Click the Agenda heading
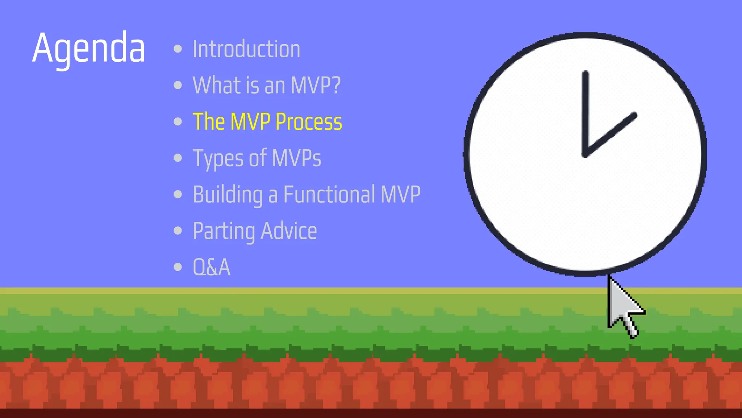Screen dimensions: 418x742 pos(88,48)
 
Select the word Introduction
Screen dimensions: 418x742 pos(246,49)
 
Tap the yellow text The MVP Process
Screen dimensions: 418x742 pos(267,122)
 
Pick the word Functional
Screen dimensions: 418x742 pos(329,194)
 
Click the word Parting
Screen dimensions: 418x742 pos(224,231)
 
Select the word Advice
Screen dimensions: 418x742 pos(288,231)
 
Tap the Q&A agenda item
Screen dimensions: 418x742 pos(211,267)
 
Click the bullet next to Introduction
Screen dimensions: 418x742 pos(178,49)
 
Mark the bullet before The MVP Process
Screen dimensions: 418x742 pos(178,122)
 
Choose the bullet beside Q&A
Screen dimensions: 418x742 pos(178,267)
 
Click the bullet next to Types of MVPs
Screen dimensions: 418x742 pos(178,158)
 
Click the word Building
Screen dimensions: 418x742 pos(228,195)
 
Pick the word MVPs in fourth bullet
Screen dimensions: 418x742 pos(296,158)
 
